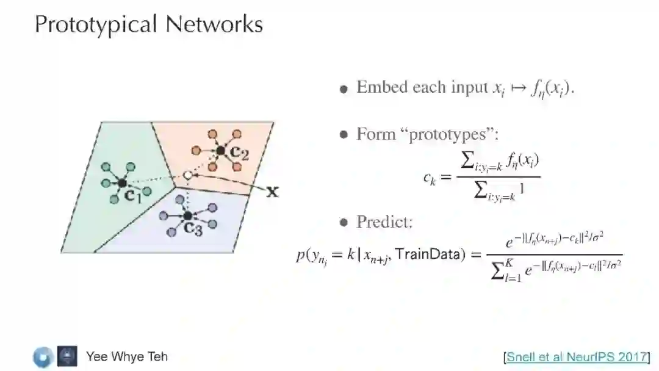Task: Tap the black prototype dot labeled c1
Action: click(x=122, y=182)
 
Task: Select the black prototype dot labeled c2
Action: click(x=220, y=150)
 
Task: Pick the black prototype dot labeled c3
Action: click(x=188, y=215)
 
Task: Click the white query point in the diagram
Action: click(x=188, y=176)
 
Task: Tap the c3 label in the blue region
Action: click(x=194, y=229)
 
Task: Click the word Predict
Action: click(x=384, y=222)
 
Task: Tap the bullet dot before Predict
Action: click(x=344, y=223)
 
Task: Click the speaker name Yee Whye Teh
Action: click(x=126, y=356)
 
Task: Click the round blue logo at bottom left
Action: click(x=43, y=357)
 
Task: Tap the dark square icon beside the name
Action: click(x=67, y=356)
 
